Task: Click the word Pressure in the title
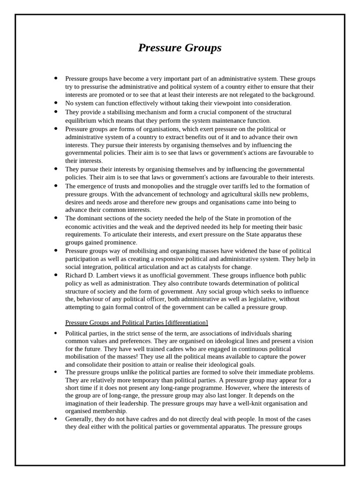(x=158, y=48)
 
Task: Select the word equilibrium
(x=82, y=120)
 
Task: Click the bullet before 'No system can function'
(x=56, y=103)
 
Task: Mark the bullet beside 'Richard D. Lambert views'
(x=56, y=275)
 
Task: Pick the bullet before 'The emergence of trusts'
(x=56, y=186)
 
